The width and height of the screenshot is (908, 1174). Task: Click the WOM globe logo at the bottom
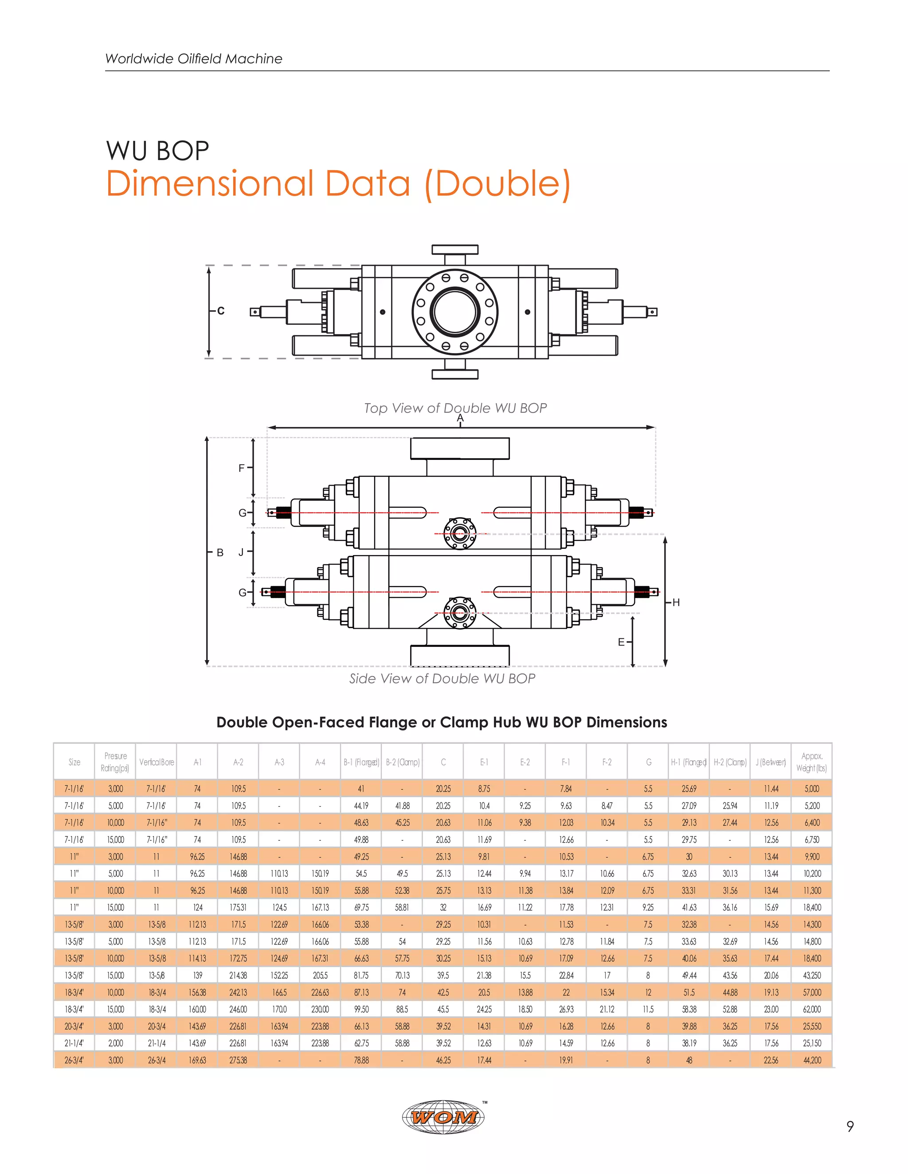pos(443,1117)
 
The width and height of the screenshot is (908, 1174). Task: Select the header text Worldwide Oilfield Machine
pos(194,58)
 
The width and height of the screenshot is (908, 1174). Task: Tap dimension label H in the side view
pos(676,603)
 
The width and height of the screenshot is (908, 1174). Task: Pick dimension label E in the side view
pos(621,642)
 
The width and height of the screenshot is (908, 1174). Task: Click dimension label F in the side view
pos(242,468)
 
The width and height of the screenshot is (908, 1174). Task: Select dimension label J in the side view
pos(241,552)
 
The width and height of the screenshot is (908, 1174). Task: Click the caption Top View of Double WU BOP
pos(455,408)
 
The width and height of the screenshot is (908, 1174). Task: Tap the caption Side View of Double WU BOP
pos(442,678)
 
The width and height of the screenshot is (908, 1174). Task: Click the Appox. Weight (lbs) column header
pos(811,762)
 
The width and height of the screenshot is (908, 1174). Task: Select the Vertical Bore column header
pos(157,762)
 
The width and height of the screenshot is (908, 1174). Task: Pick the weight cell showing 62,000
pos(811,1009)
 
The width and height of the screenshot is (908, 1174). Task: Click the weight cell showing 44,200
pos(811,1060)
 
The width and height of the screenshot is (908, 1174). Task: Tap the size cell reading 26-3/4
pos(74,1060)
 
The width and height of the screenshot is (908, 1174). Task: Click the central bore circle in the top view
pos(455,312)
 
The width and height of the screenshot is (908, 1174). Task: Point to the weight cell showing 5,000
pos(811,789)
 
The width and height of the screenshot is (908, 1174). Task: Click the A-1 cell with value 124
pos(197,907)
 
